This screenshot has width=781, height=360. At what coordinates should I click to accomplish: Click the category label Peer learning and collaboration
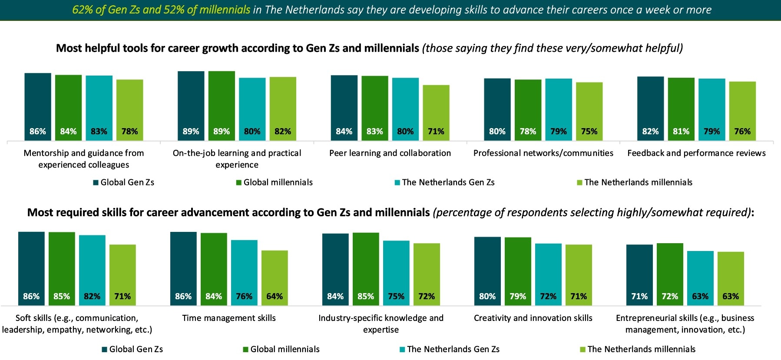tap(390, 153)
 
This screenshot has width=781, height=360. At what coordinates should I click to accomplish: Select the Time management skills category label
tap(229, 318)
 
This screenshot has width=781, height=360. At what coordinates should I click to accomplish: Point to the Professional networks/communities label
tap(543, 153)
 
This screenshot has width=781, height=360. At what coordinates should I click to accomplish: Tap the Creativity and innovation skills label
tap(533, 318)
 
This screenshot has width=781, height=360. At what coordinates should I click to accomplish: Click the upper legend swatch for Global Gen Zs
tap(96, 183)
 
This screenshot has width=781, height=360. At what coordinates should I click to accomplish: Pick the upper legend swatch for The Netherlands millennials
tap(579, 183)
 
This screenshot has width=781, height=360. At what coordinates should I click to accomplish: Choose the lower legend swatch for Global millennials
tap(245, 350)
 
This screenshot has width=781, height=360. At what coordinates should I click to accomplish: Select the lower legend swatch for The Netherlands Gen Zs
tap(402, 350)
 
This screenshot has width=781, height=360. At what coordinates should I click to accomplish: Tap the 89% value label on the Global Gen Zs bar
tap(191, 131)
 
